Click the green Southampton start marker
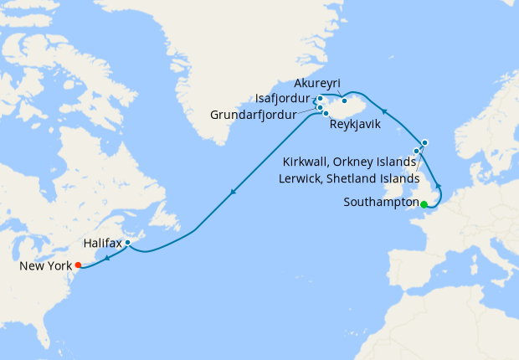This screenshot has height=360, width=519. pyautogui.click(x=424, y=204)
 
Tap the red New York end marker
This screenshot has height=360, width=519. pyautogui.click(x=78, y=265)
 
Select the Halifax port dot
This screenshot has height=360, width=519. pyautogui.click(x=127, y=243)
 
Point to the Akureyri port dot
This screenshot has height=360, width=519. pyautogui.click(x=344, y=100)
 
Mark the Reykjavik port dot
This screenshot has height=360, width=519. pyautogui.click(x=326, y=113)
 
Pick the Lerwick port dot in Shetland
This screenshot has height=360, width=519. pyautogui.click(x=424, y=142)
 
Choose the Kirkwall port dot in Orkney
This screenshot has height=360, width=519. pyautogui.click(x=416, y=152)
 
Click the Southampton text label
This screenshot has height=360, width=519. pyautogui.click(x=381, y=203)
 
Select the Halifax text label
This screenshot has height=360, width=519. pyautogui.click(x=103, y=243)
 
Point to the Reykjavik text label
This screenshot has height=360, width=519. pyautogui.click(x=355, y=124)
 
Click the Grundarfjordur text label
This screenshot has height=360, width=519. pyautogui.click(x=252, y=115)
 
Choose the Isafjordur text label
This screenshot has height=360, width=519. pyautogui.click(x=284, y=98)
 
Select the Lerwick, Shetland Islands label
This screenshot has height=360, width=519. pyautogui.click(x=347, y=178)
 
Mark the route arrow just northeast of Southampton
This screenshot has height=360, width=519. pyautogui.click(x=437, y=183)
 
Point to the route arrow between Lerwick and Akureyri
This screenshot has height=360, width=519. pyautogui.click(x=383, y=109)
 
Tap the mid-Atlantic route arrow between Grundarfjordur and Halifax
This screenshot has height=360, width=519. pyautogui.click(x=232, y=193)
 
